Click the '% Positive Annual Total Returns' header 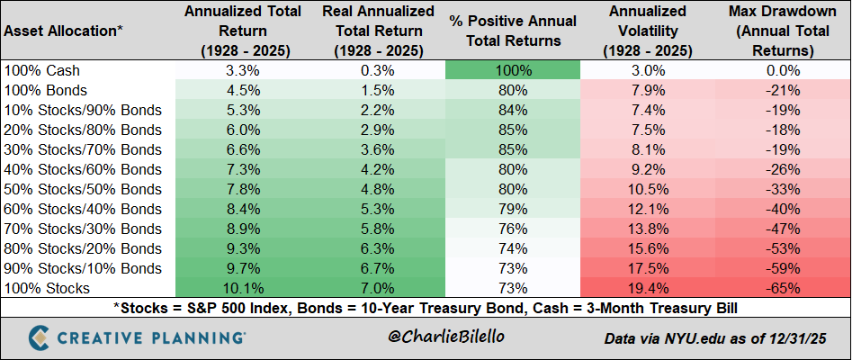pos(512,31)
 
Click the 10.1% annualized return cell pos(242,288)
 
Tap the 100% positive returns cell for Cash pos(512,70)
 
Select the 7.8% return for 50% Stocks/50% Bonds pos(242,189)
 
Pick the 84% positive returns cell pos(512,110)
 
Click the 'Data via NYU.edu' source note pos(714,338)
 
